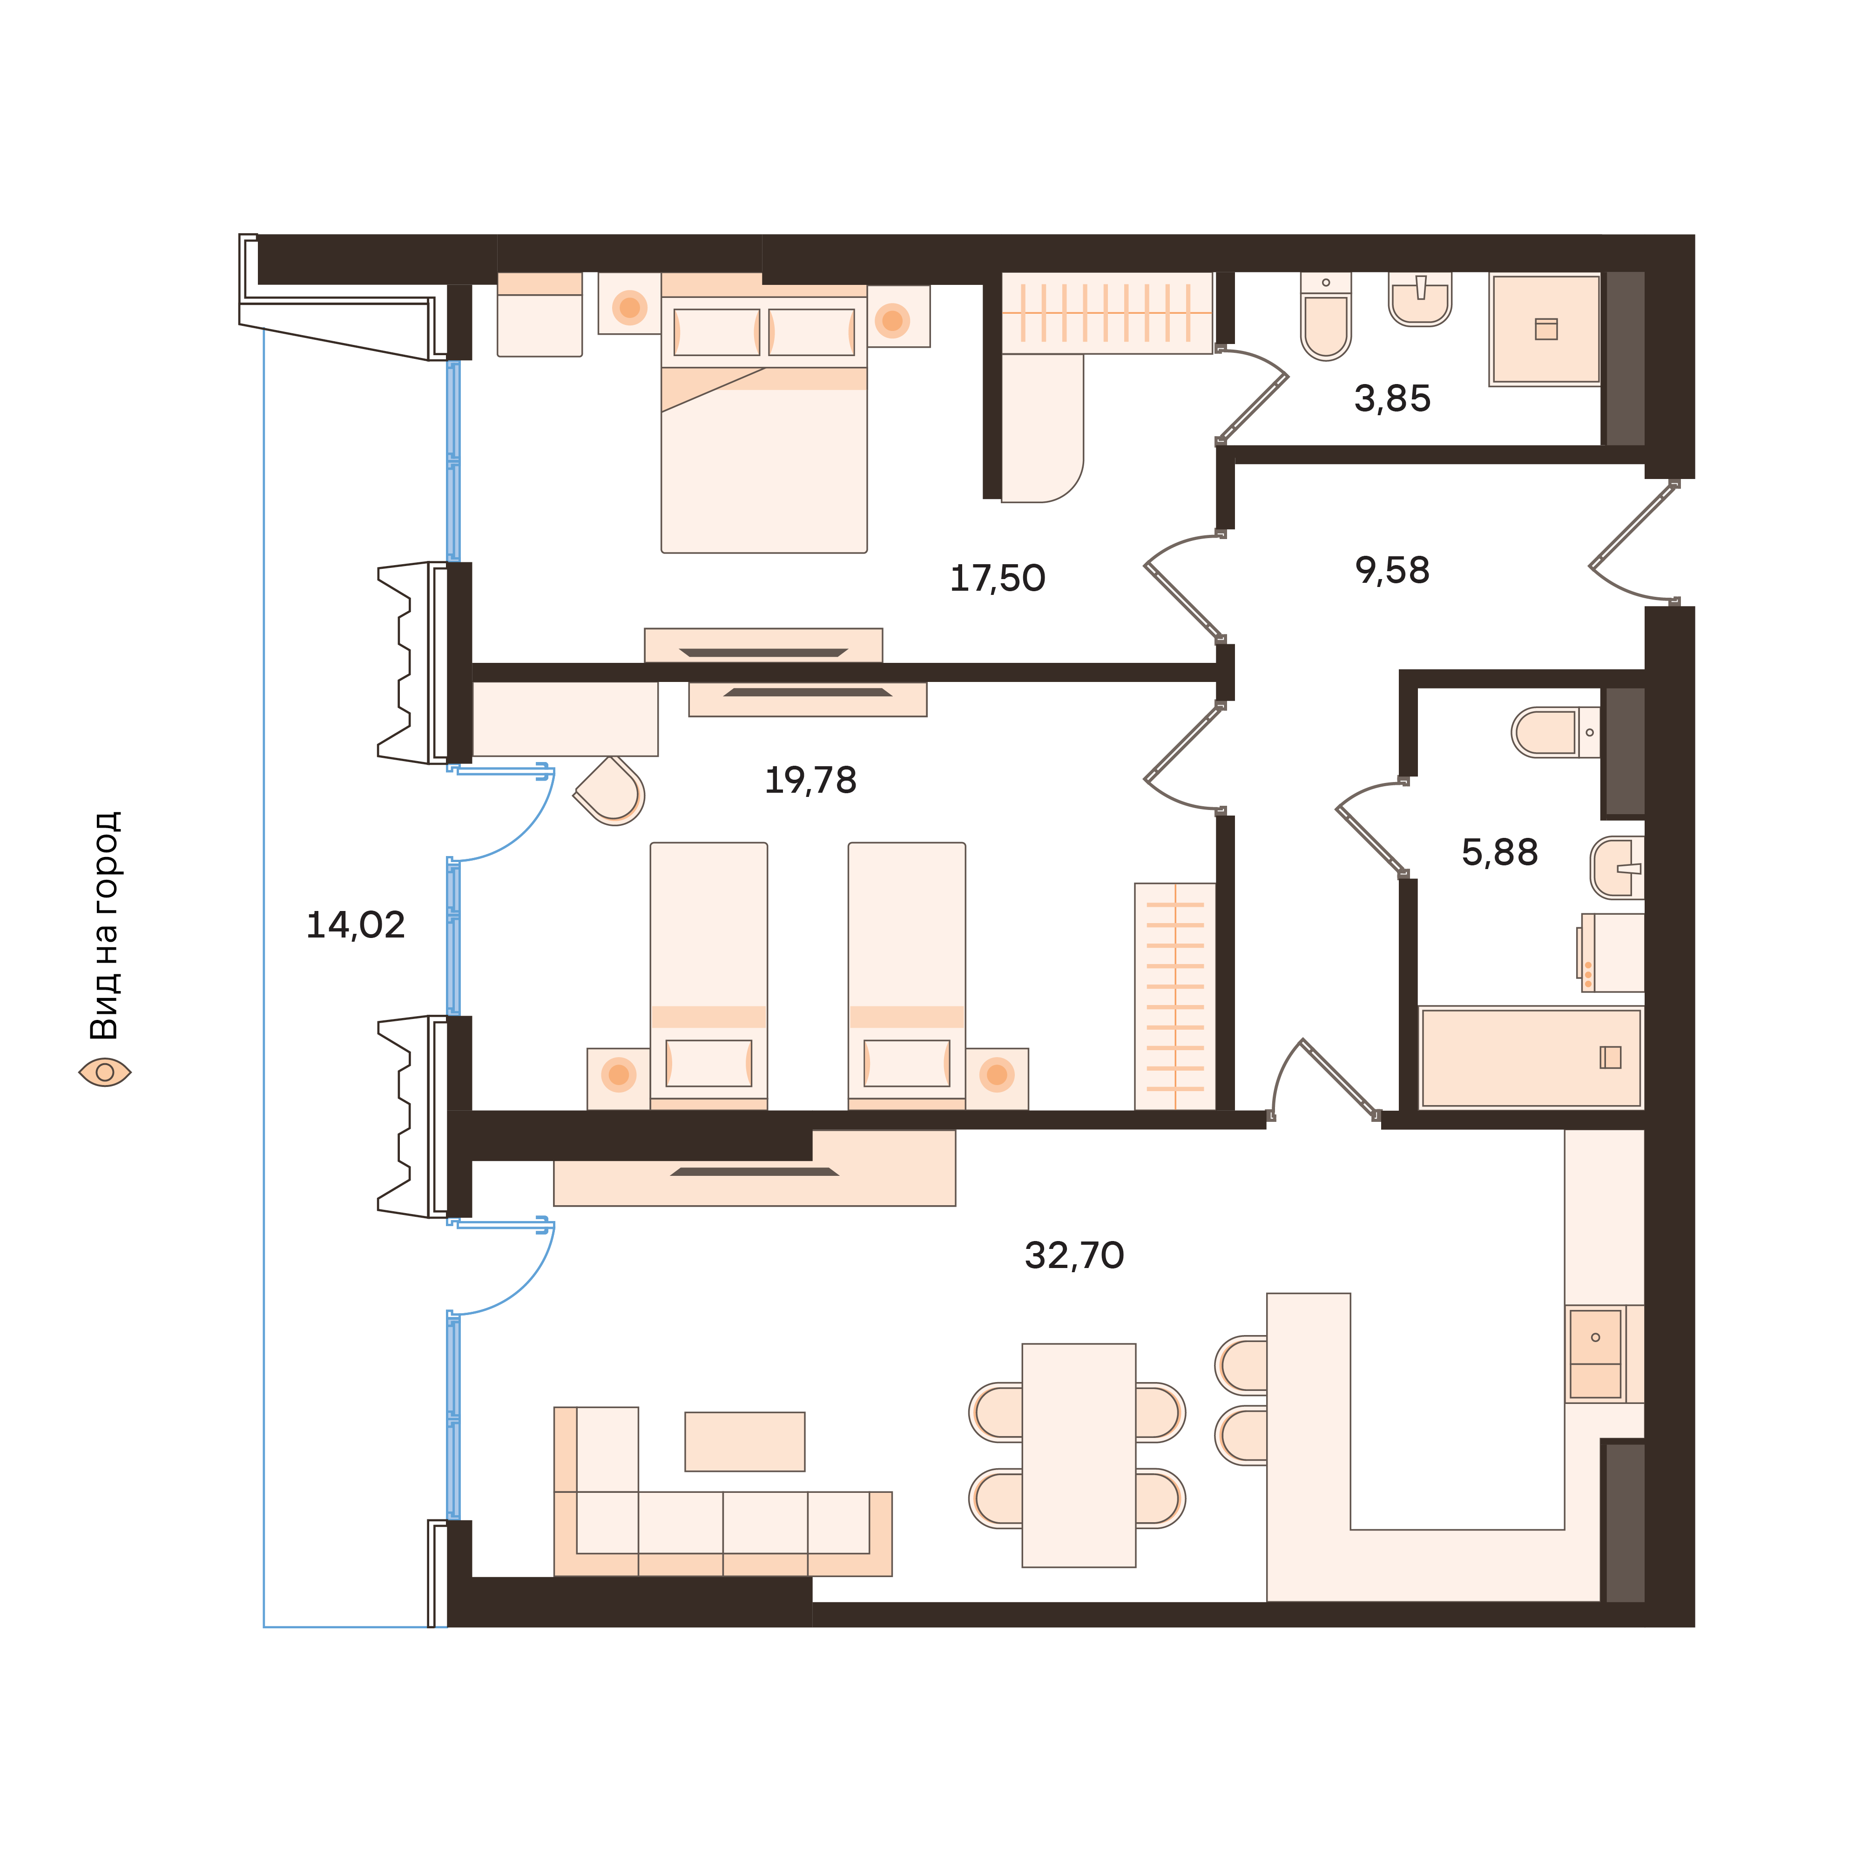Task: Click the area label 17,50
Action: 998,578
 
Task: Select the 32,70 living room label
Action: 1073,1255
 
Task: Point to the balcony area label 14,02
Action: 355,925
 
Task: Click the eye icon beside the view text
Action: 104,1072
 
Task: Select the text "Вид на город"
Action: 104,925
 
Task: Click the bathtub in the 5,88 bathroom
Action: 1531,1057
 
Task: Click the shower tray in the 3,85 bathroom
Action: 1545,330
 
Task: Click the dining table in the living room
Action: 1079,1455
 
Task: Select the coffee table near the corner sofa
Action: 744,1442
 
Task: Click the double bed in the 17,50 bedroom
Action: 763,434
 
